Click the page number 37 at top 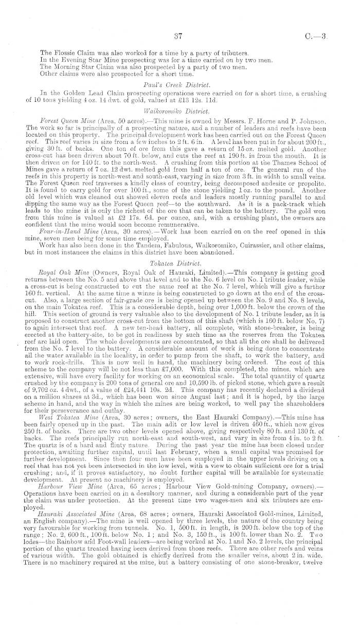[179, 37]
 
